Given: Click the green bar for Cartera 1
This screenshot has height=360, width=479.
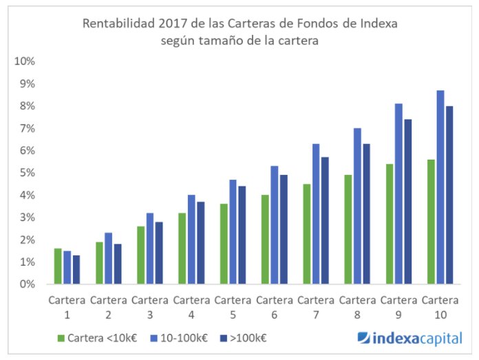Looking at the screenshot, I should tap(58, 266).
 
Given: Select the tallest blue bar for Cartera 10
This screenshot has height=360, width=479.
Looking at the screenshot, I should tap(440, 187).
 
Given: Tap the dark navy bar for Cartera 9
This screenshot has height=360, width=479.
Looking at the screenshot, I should tap(407, 202).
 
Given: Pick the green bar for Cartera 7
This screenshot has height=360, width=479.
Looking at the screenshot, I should tap(306, 234).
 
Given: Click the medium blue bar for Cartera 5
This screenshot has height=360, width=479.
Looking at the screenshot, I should tap(233, 232).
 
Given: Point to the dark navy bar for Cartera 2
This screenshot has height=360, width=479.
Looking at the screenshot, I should tap(118, 264).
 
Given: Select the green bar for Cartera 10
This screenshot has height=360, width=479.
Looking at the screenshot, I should tap(430, 222).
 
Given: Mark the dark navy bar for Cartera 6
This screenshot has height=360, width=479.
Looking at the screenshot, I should tap(284, 229).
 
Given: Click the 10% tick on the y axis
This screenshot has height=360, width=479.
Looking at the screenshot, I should tap(25, 61).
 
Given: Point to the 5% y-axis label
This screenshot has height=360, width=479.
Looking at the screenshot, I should tap(27, 173).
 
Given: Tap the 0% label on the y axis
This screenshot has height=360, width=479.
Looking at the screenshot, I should tap(27, 284).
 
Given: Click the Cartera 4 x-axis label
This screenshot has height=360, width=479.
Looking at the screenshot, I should tap(191, 307).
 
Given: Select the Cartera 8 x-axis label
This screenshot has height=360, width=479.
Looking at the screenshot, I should tap(357, 307).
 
